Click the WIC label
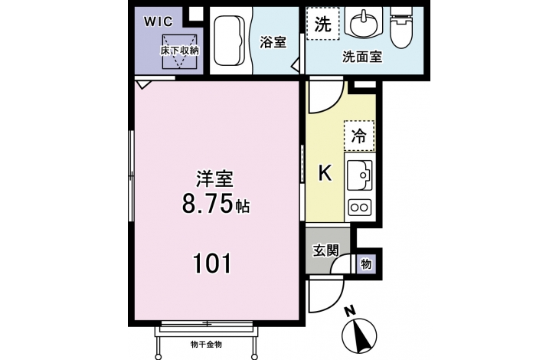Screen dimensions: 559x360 159,21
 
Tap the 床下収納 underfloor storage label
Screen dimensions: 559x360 179,51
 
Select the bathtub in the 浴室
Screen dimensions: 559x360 230,41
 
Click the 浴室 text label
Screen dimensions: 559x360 273,42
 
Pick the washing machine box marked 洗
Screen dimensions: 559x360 322,24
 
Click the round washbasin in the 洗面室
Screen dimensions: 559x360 363,24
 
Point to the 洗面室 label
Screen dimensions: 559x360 362,57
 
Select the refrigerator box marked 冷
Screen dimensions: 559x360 359,136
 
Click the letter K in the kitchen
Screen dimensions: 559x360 325,173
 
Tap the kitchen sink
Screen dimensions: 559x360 360,175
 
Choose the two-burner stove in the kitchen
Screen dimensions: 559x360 360,207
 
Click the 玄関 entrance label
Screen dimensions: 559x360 326,250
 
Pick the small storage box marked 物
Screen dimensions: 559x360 366,264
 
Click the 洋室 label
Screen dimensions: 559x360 214,179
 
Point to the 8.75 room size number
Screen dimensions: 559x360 207,205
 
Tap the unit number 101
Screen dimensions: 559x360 212,263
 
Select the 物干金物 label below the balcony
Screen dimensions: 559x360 207,345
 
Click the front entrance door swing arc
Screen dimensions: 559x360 336,299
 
